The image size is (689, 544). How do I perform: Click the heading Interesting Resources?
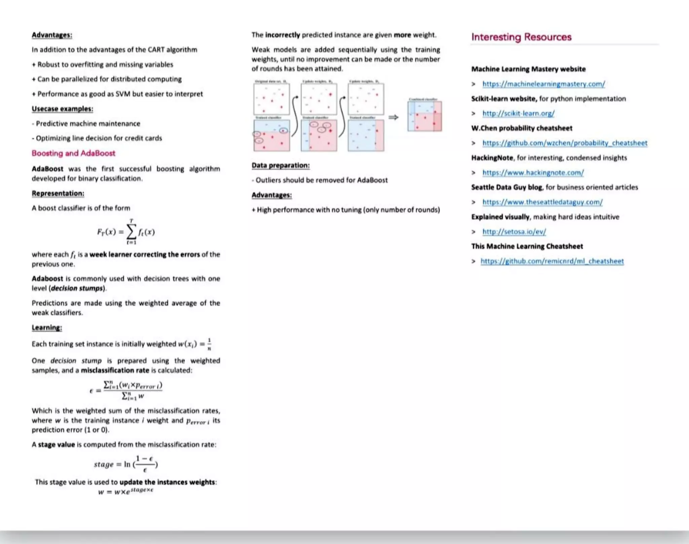[x=521, y=37]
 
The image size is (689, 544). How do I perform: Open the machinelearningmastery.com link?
[x=543, y=84]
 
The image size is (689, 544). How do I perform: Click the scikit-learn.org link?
[x=518, y=114]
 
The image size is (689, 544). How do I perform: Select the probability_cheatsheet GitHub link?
[x=565, y=143]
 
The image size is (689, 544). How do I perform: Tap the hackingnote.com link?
[x=533, y=173]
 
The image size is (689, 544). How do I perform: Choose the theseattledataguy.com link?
[x=542, y=202]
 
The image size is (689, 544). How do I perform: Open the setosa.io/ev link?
[x=514, y=232]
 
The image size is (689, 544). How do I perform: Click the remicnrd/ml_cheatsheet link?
[x=552, y=262]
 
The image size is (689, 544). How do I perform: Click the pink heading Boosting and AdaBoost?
[x=73, y=153]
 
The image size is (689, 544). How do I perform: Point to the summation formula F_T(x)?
[x=126, y=232]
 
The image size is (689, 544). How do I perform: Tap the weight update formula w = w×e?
[x=126, y=491]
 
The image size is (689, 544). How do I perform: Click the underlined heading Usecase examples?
[x=62, y=109]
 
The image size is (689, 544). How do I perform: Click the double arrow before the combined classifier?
[x=393, y=117]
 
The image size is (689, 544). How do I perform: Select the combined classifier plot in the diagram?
[x=425, y=116]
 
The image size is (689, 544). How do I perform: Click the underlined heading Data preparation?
[x=281, y=165]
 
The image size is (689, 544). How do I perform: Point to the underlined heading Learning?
[x=47, y=328]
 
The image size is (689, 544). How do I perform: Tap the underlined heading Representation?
[x=58, y=194]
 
